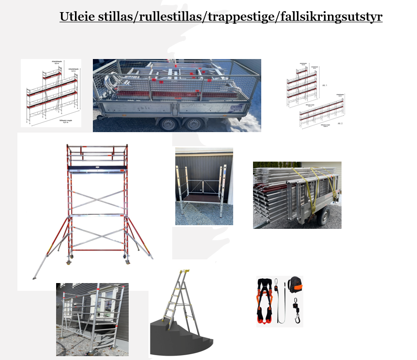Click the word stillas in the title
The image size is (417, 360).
119,16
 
